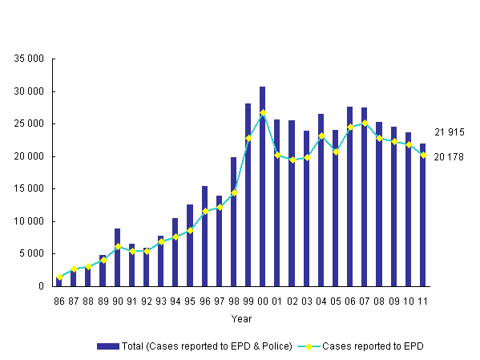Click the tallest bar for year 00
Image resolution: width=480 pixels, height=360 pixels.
(262, 186)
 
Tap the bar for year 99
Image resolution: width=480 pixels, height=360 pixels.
(248, 195)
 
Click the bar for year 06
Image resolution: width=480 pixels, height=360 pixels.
(349, 196)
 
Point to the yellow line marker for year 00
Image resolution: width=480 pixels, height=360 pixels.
(262, 113)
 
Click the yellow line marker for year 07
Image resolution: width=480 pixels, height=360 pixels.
(364, 123)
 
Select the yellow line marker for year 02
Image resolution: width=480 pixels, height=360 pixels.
(292, 160)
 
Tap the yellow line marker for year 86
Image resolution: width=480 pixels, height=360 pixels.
(59, 277)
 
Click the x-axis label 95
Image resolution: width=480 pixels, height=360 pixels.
(190, 302)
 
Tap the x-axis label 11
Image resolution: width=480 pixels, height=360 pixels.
(422, 302)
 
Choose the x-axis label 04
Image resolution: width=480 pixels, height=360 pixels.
(321, 302)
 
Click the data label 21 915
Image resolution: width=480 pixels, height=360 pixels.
(450, 132)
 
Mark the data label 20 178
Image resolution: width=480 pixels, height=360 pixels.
(450, 156)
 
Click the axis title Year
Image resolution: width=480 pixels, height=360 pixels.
(241, 318)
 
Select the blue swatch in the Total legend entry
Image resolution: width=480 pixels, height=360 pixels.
(107, 346)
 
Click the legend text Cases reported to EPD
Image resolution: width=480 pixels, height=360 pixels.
(373, 346)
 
